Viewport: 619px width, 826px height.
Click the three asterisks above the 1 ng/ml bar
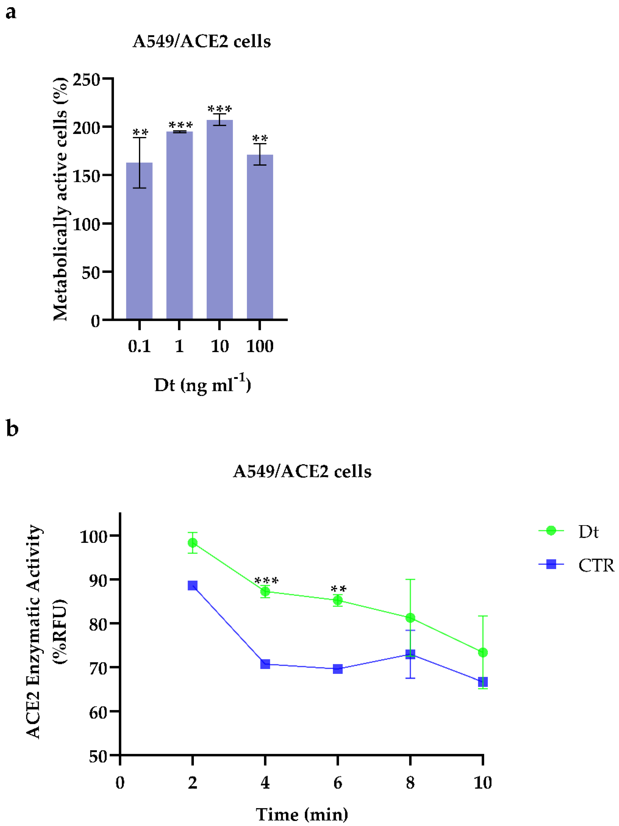[180, 125]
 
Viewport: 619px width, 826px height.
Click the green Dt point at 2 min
[193, 543]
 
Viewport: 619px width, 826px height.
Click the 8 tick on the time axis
[410, 782]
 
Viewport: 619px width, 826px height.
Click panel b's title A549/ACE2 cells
[302, 471]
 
